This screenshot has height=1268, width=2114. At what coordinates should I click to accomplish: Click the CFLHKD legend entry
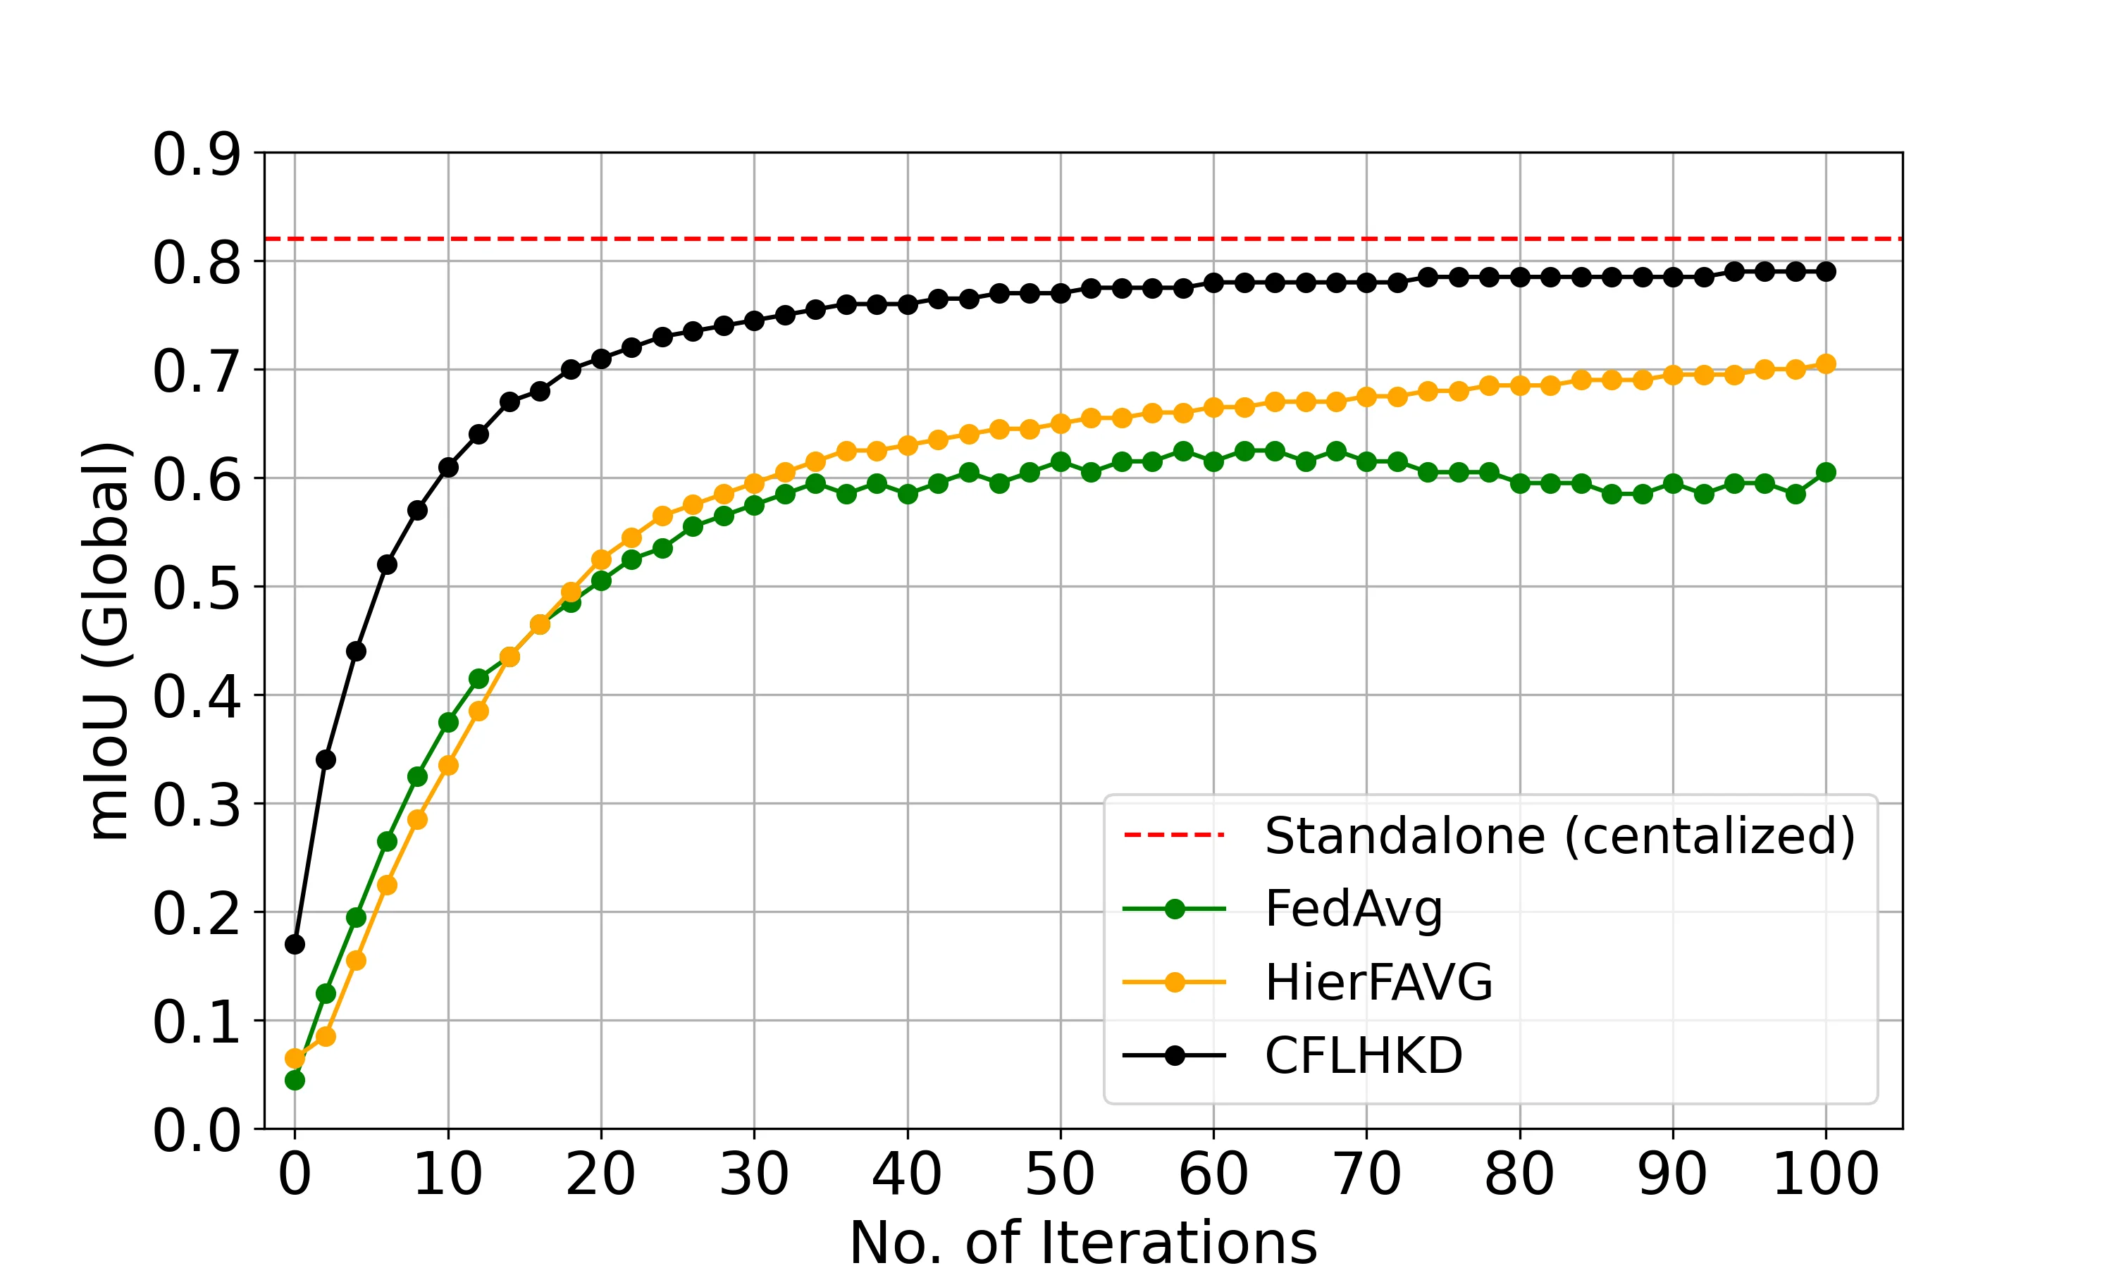[x=1363, y=1056]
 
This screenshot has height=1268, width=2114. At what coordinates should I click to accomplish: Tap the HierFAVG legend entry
[x=1378, y=983]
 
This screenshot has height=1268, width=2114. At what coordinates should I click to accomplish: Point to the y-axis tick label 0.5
[x=197, y=588]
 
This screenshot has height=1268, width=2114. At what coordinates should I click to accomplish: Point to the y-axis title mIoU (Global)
[x=108, y=641]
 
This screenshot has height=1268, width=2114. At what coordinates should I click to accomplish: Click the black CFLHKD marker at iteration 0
[x=295, y=944]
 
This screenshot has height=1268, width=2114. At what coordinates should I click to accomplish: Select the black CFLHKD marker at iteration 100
[x=1826, y=272]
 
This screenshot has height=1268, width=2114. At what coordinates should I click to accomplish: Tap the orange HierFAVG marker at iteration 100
[x=1826, y=364]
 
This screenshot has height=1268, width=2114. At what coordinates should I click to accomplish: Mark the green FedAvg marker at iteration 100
[x=1826, y=473]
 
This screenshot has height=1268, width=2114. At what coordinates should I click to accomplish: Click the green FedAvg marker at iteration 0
[x=295, y=1080]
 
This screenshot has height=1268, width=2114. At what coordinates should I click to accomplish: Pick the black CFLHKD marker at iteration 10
[x=447, y=467]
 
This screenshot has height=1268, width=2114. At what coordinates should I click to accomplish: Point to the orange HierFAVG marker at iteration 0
[x=295, y=1059]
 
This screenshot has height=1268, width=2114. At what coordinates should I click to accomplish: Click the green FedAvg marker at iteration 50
[x=1061, y=461]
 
